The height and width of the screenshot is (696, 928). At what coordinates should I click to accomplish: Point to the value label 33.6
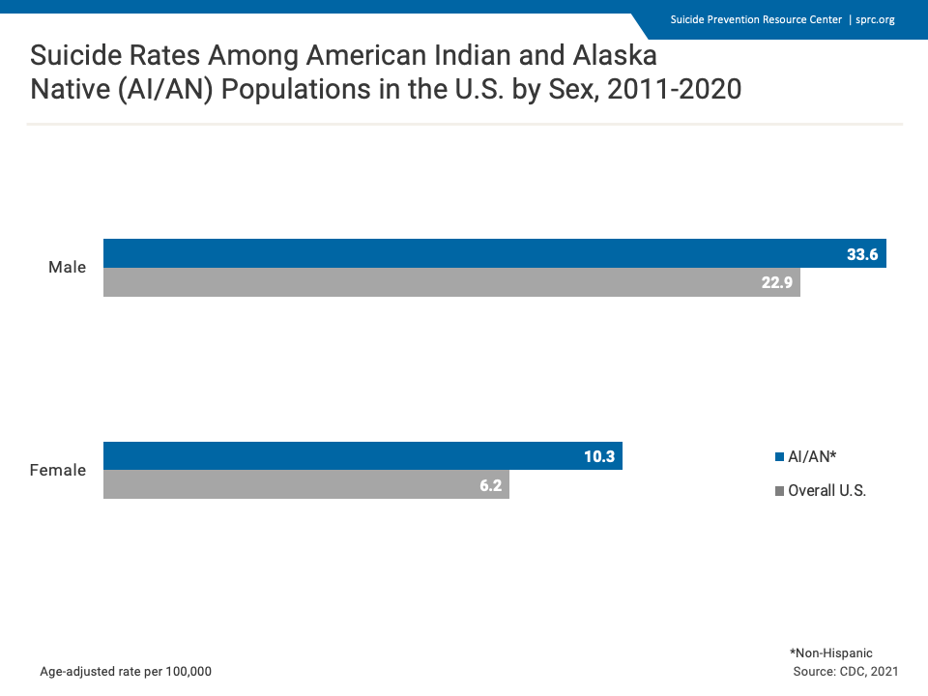pyautogui.click(x=861, y=254)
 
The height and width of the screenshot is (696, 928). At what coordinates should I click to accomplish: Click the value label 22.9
pyautogui.click(x=775, y=283)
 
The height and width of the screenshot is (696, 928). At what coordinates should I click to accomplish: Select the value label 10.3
pyautogui.click(x=599, y=456)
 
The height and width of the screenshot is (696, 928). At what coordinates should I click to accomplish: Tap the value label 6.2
pyautogui.click(x=490, y=485)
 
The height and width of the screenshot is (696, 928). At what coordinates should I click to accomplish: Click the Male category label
pyautogui.click(x=68, y=267)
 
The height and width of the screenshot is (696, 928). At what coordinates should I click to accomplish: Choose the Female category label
pyautogui.click(x=58, y=471)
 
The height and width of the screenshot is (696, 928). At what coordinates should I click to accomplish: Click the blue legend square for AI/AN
pyautogui.click(x=779, y=456)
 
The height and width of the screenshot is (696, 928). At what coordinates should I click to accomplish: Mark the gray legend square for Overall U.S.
pyautogui.click(x=779, y=491)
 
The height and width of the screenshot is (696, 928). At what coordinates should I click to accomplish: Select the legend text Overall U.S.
pyautogui.click(x=826, y=491)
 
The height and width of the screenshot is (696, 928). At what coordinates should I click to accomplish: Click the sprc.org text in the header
pyautogui.click(x=875, y=19)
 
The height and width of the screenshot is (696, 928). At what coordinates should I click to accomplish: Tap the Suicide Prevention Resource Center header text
pyautogui.click(x=756, y=19)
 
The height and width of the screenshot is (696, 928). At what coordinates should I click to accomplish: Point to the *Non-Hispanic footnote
pyautogui.click(x=831, y=653)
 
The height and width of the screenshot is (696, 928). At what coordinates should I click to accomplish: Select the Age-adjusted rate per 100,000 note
pyautogui.click(x=126, y=671)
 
